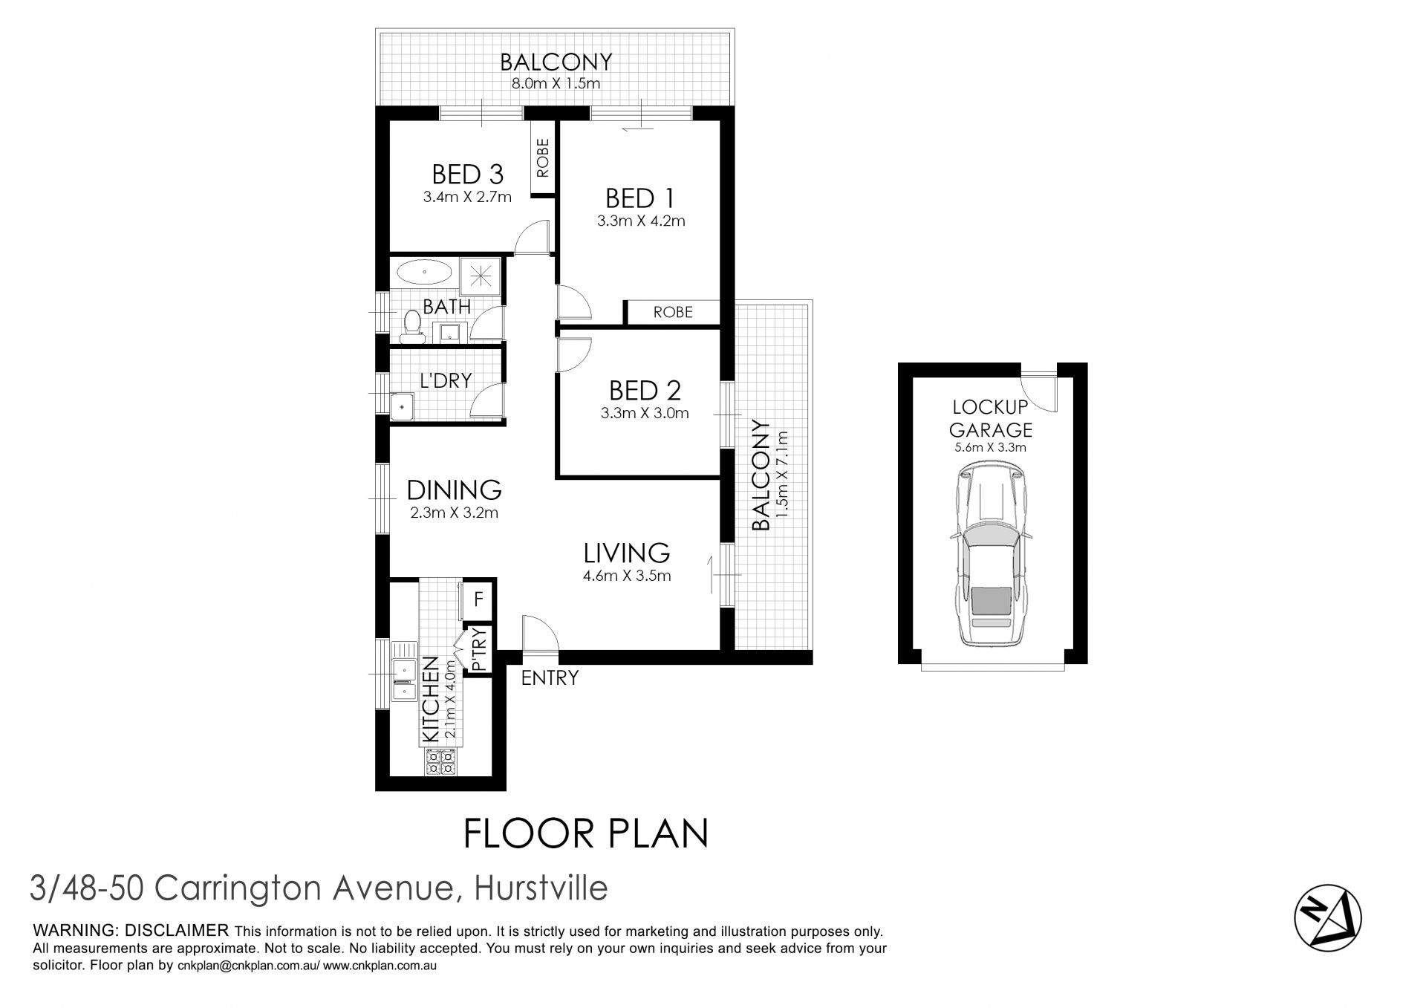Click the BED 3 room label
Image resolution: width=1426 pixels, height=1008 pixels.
tap(467, 175)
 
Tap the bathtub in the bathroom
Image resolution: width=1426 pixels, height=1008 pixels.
tap(422, 272)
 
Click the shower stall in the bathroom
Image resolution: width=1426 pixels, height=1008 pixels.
tap(481, 276)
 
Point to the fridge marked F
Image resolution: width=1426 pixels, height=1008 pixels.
tap(478, 598)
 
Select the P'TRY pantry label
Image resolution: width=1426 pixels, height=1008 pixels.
tap(479, 649)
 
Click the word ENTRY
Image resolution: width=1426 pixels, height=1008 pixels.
tap(549, 677)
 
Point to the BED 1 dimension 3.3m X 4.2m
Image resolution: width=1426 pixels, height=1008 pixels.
tap(640, 221)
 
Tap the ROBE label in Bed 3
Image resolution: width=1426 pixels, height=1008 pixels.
tap(542, 157)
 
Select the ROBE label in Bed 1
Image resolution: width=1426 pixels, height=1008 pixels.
tap(673, 312)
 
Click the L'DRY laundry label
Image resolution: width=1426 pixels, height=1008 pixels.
tap(446, 380)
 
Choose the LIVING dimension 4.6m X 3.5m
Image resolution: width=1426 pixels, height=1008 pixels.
tap(627, 576)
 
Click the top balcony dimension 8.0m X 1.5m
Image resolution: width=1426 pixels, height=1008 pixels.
tap(556, 83)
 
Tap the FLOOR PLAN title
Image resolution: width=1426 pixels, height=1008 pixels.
tap(586, 833)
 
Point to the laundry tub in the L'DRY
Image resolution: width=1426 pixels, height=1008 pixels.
tap(402, 407)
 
